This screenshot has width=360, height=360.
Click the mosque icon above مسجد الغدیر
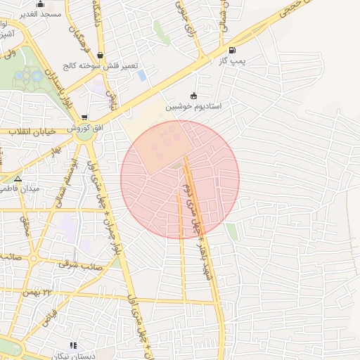pos(40,5)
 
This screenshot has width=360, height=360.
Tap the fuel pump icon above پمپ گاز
pos(232,50)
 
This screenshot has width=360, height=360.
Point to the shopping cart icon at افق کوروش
pos(85,118)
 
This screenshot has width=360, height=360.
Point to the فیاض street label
pos(49,321)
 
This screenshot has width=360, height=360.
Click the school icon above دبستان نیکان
pos(72,345)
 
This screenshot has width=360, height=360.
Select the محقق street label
pos(25,225)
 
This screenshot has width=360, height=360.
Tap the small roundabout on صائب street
pos(34,258)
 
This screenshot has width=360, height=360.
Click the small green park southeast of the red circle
pos(231,231)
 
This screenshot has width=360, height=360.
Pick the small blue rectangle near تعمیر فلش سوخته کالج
pos(142,75)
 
